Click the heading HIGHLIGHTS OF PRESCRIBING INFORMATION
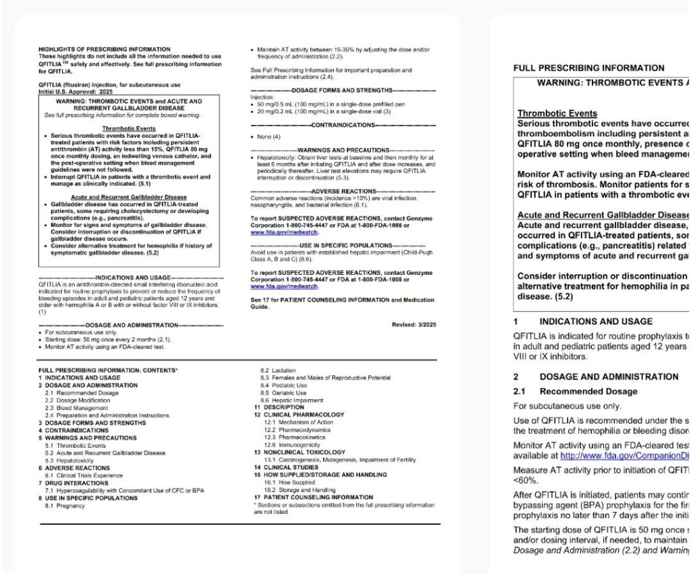click(x=105, y=49)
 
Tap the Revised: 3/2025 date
click(x=414, y=325)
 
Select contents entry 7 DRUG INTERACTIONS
click(x=70, y=483)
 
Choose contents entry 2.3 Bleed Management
click(x=76, y=408)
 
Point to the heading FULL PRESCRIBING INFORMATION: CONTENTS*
click(x=108, y=371)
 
